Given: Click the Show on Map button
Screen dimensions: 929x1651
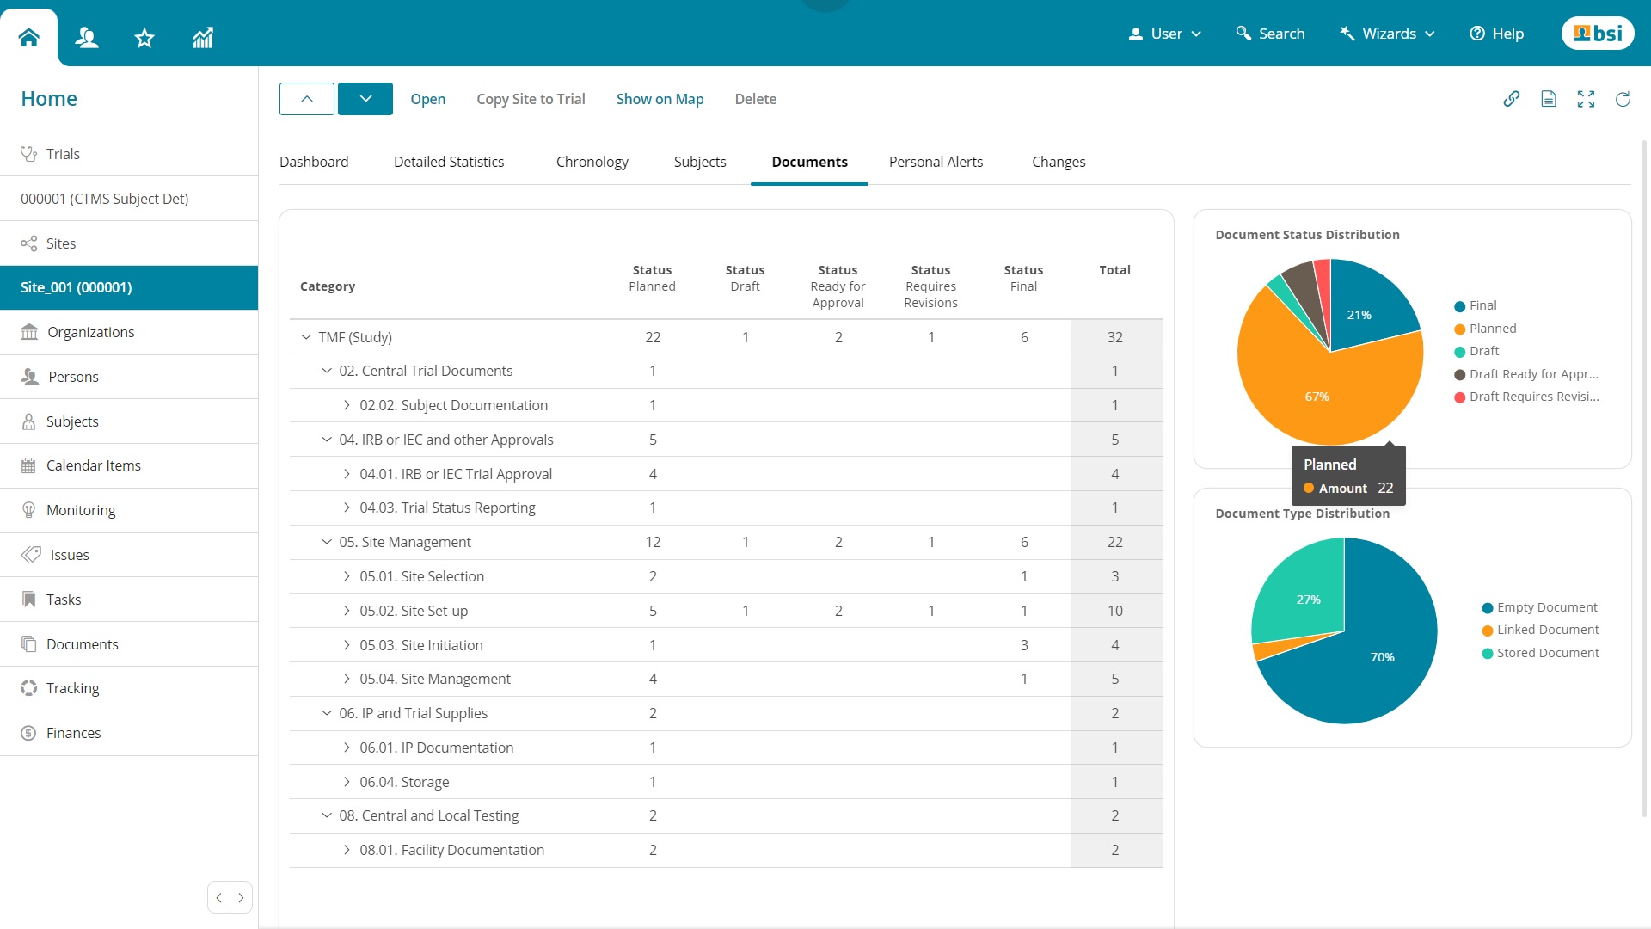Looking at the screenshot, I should pyautogui.click(x=660, y=99).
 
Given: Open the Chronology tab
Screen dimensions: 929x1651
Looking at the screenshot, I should pyautogui.click(x=592, y=162).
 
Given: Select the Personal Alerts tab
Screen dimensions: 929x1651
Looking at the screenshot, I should pyautogui.click(x=936, y=162).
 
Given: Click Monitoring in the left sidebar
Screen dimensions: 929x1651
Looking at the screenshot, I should pyautogui.click(x=81, y=510).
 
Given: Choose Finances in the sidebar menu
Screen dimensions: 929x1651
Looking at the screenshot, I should pyautogui.click(x=73, y=733).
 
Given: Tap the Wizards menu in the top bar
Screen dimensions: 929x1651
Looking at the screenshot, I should pyautogui.click(x=1388, y=34).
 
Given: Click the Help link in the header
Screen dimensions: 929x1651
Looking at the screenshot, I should pyautogui.click(x=1497, y=34).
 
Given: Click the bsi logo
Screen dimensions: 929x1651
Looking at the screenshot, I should pyautogui.click(x=1598, y=34).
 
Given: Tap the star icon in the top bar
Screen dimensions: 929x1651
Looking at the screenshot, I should pyautogui.click(x=144, y=38).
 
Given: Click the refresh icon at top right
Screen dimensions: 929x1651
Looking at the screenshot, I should pyautogui.click(x=1623, y=99).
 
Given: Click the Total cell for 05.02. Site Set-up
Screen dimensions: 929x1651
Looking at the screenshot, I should pyautogui.click(x=1114, y=611).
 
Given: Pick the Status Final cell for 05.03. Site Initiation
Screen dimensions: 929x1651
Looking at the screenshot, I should pyautogui.click(x=1023, y=645).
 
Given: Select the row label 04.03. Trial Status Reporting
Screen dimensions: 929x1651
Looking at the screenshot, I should pyautogui.click(x=447, y=508).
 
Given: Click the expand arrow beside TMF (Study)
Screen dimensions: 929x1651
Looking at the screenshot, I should pyautogui.click(x=306, y=337).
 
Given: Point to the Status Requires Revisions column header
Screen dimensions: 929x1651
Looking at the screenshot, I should pyautogui.click(x=930, y=286).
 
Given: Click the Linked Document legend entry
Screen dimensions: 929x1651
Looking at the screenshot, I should pyautogui.click(x=1547, y=630).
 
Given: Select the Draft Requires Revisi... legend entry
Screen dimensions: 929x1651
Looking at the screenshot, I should pyautogui.click(x=1533, y=397).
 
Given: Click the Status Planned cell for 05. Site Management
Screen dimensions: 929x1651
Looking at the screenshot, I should pyautogui.click(x=653, y=542).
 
